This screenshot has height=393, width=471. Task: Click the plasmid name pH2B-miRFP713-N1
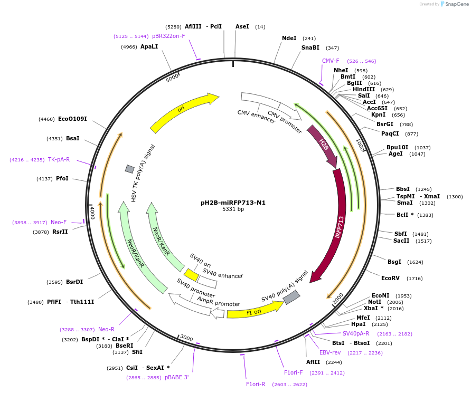coord(233,203)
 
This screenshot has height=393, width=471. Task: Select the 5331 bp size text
coord(233,209)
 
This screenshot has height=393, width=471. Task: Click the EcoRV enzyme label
coord(391,278)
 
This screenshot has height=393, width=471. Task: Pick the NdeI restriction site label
coord(289,38)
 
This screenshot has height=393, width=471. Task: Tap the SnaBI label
coord(310,47)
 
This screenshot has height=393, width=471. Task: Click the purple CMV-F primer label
coord(331,61)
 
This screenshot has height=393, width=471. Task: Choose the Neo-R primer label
coord(106,329)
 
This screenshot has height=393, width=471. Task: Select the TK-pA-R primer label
coord(59,159)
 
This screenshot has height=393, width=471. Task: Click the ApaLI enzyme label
coord(149,47)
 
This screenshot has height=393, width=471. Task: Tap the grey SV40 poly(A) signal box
coord(291,298)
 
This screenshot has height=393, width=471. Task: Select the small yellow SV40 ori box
coord(191,275)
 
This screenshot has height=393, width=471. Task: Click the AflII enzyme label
coord(313,362)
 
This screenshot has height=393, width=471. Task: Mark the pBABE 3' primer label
coord(176,377)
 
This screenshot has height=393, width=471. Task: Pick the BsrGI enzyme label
coord(387,124)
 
